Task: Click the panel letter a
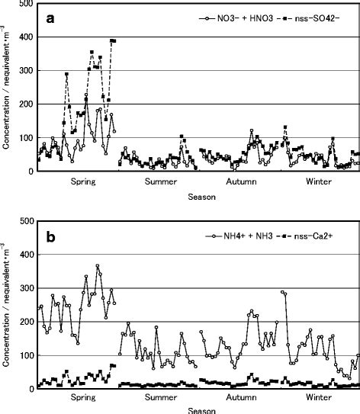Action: coord(49,21)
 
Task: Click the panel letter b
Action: coord(50,236)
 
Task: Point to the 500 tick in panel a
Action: coord(27,4)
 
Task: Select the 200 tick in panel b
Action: coord(27,322)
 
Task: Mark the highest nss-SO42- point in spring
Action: coord(113,40)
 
